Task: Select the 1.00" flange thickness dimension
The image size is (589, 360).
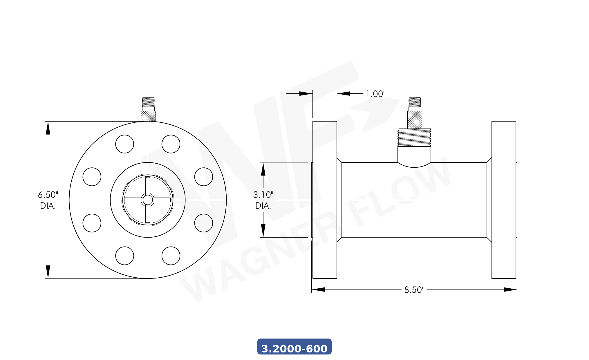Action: [375, 94]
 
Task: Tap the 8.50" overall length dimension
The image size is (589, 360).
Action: [414, 290]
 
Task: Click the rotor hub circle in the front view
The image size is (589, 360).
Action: [148, 200]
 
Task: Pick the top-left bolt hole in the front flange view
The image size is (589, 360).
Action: [124, 144]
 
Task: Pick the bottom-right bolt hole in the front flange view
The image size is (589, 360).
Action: [171, 256]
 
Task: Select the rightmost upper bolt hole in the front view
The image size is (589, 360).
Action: [204, 177]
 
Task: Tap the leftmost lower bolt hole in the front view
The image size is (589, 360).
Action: [92, 223]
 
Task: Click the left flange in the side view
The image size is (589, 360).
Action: [325, 200]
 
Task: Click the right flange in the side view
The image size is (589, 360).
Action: [504, 200]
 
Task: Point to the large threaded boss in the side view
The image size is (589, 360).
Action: [414, 138]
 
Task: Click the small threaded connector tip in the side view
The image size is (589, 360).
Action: [415, 102]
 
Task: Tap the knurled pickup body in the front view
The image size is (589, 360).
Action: [148, 116]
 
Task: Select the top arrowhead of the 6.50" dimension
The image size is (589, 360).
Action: [48, 128]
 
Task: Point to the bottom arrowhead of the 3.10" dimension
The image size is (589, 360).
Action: [263, 231]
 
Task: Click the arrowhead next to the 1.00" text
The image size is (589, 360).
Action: [344, 93]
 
